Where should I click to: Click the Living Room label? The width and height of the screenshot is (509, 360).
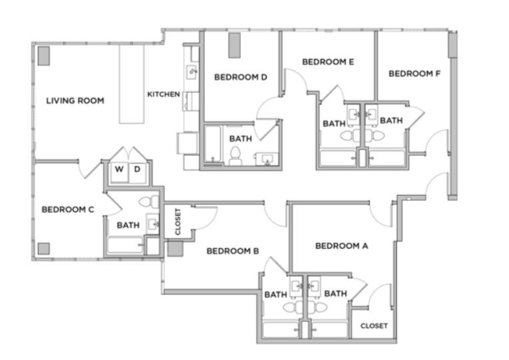(x=75, y=100)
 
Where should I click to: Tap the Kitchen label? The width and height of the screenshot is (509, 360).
(x=164, y=94)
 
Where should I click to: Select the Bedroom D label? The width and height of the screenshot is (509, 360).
(x=241, y=77)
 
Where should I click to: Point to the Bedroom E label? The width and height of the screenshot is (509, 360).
(x=328, y=62)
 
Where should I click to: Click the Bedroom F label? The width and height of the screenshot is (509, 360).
(x=415, y=74)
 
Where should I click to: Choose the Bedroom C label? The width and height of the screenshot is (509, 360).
(x=68, y=210)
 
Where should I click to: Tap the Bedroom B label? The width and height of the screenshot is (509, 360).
(x=233, y=251)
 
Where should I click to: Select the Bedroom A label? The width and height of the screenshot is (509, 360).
(x=342, y=246)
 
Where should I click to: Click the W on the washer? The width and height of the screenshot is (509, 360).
(x=119, y=169)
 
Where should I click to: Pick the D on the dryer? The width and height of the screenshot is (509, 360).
(x=137, y=169)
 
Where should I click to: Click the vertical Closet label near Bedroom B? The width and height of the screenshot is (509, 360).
(x=178, y=222)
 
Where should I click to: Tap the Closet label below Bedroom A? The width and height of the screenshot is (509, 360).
(x=374, y=325)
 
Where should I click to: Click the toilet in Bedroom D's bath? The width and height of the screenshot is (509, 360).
(x=235, y=156)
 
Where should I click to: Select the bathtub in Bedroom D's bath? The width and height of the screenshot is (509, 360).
(x=213, y=145)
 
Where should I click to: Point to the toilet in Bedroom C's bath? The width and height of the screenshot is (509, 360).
(x=149, y=202)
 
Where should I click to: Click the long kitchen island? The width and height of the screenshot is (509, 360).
(x=132, y=84)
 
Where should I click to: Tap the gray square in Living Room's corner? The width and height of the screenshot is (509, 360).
(x=44, y=56)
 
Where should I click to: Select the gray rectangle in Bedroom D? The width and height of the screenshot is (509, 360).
(x=234, y=45)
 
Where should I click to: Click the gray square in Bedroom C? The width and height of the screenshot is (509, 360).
(x=44, y=249)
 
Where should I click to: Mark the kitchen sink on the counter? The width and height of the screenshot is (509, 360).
(x=192, y=72)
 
